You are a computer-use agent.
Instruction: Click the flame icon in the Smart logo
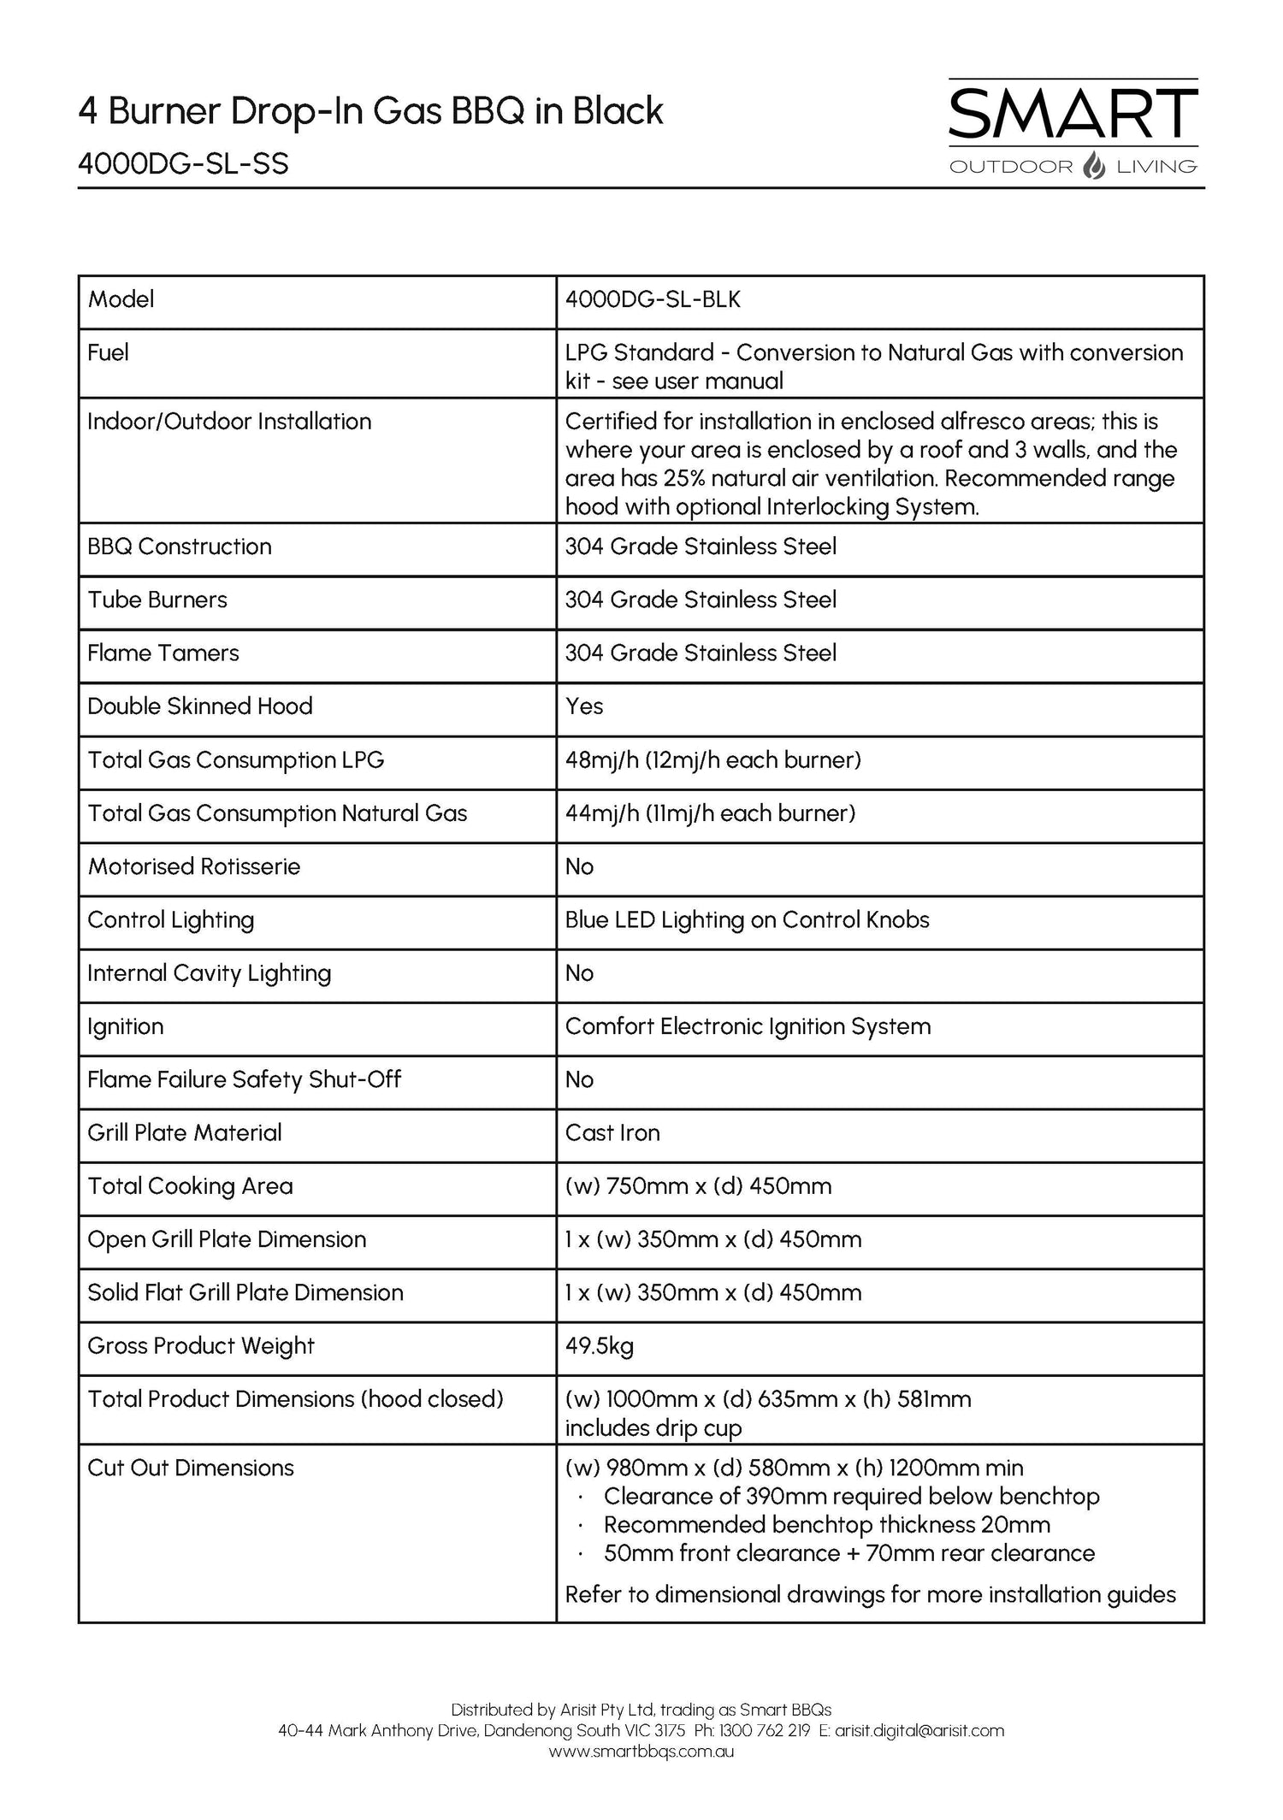pyautogui.click(x=1094, y=165)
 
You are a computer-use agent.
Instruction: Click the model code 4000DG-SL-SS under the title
pyautogui.click(x=183, y=162)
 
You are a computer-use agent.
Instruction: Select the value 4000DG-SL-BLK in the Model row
pyautogui.click(x=653, y=299)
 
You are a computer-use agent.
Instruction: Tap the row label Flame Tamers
pyautogui.click(x=163, y=653)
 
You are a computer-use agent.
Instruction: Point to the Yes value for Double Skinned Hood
pyautogui.click(x=584, y=706)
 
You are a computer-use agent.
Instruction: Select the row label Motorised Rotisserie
pyautogui.click(x=194, y=866)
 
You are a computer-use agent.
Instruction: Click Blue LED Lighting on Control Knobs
pyautogui.click(x=747, y=919)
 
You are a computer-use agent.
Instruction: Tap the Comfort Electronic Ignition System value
pyautogui.click(x=748, y=1026)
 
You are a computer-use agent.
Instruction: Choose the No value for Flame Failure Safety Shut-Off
pyautogui.click(x=579, y=1079)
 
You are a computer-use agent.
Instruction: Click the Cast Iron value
pyautogui.click(x=612, y=1133)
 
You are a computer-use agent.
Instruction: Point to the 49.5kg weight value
pyautogui.click(x=599, y=1346)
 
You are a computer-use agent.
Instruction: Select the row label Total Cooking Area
pyautogui.click(x=190, y=1186)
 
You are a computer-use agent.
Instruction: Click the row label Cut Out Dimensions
pyautogui.click(x=191, y=1468)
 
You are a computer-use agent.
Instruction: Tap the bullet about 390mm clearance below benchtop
pyautogui.click(x=850, y=1497)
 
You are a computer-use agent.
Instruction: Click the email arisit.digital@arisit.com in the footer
pyautogui.click(x=919, y=1731)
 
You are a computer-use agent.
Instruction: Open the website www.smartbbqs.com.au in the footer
pyautogui.click(x=641, y=1752)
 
